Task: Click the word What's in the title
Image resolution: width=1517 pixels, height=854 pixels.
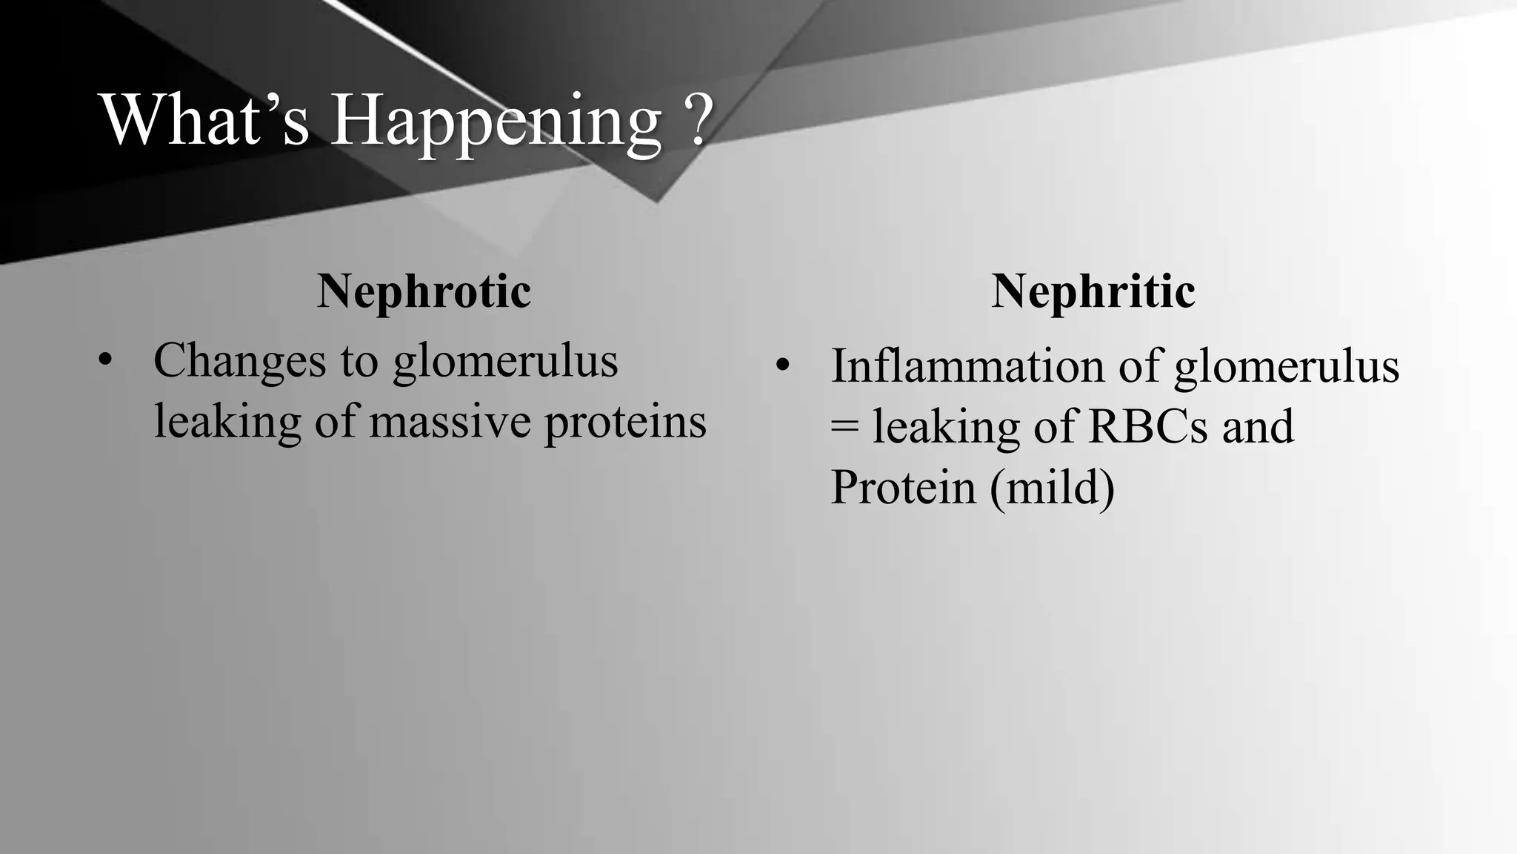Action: coord(204,120)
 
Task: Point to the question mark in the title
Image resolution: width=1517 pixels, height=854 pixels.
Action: coord(696,120)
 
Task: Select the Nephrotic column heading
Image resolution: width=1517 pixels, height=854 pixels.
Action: coord(424,291)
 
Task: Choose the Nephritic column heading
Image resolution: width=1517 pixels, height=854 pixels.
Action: coord(1093,291)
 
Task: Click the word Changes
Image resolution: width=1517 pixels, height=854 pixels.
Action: coord(239,361)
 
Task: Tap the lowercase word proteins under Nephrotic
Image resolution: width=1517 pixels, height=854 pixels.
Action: coord(625,423)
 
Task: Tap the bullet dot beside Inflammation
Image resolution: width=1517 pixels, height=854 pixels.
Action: coord(784,366)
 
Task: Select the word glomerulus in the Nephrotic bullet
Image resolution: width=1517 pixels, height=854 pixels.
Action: coord(505,363)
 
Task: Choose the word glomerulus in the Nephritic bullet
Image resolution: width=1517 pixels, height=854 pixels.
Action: coord(1287,368)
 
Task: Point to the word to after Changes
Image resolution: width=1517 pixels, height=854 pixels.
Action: coord(359,363)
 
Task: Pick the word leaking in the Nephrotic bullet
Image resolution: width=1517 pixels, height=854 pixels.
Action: coord(227,423)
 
